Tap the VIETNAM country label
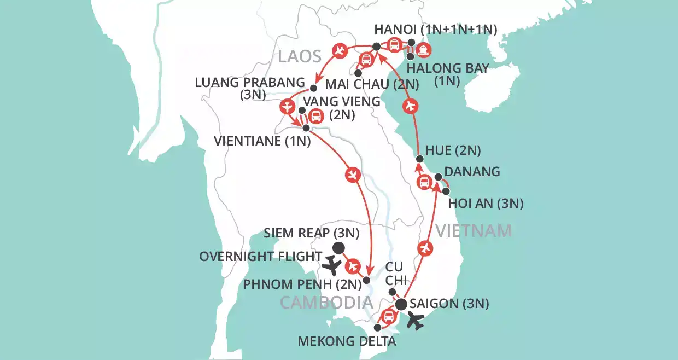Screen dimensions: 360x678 click(474, 231)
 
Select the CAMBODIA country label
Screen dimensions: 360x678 click(327, 302)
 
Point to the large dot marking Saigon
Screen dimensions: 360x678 click(401, 304)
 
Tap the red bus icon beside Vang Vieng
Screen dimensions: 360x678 click(315, 115)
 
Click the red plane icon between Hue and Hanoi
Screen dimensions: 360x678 click(413, 106)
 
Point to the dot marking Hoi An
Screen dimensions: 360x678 click(446, 191)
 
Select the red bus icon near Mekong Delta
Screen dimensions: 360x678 click(388, 316)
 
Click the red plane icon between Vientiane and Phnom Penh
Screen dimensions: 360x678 click(352, 175)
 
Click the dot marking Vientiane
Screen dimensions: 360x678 click(306, 128)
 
